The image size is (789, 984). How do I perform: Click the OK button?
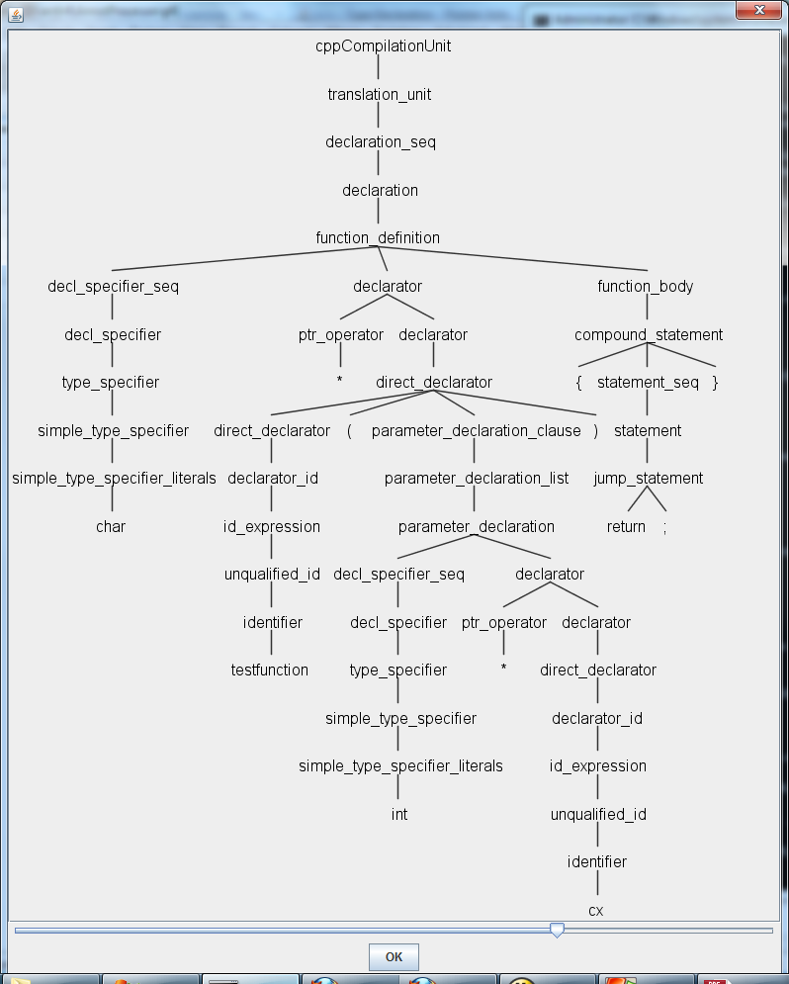pos(394,956)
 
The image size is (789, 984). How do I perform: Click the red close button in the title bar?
pos(759,10)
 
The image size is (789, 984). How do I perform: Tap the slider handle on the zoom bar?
pos(557,930)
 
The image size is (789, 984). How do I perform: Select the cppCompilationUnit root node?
pos(383,46)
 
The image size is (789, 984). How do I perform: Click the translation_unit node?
pos(380,95)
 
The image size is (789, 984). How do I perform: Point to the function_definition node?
pos(378,237)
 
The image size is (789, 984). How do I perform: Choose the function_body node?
pos(646,287)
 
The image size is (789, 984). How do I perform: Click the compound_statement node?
pos(649,334)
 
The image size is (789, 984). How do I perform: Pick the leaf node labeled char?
pos(111,526)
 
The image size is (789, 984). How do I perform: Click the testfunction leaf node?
pos(270,670)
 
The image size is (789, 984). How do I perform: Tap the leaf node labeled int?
pos(399,814)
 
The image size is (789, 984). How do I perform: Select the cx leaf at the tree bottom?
pos(596,910)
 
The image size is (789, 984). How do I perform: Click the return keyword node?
pos(626,526)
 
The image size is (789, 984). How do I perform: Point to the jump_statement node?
pos(649,479)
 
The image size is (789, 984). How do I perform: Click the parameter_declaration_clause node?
pos(477,431)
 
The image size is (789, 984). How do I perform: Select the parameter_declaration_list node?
pos(477,479)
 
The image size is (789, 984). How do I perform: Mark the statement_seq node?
pos(648,383)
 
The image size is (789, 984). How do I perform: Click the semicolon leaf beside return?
pos(665,527)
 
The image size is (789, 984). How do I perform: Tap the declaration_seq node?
pos(381,142)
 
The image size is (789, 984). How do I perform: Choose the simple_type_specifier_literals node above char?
pos(114,479)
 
